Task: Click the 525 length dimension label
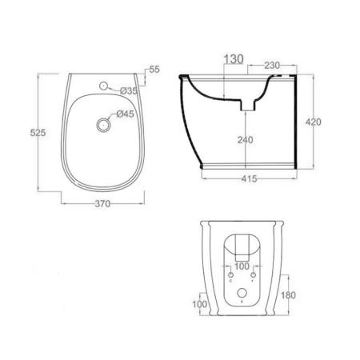tap(38, 133)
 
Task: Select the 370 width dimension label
tap(102, 204)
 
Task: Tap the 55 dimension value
tap(154, 70)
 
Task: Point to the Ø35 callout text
tap(129, 91)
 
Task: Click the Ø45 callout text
tap(126, 114)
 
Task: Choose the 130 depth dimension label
tap(234, 59)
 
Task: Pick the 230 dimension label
tap(272, 66)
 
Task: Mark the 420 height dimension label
tap(314, 122)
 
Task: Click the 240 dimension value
tap(246, 140)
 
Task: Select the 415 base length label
tap(250, 178)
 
